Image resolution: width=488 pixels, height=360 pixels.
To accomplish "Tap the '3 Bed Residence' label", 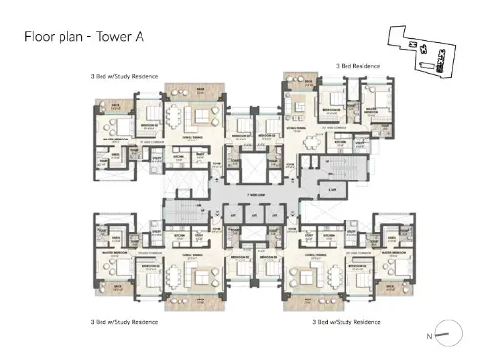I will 357,65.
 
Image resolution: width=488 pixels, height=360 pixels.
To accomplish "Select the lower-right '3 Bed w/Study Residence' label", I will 346,320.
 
